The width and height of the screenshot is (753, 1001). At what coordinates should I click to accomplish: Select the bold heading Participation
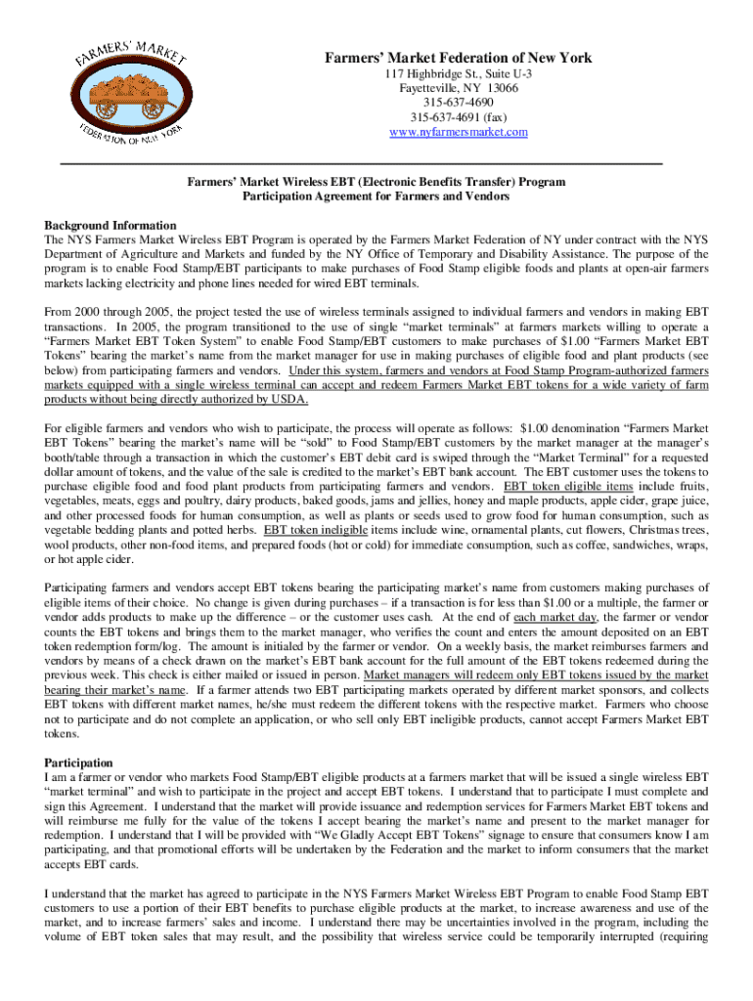[x=79, y=762]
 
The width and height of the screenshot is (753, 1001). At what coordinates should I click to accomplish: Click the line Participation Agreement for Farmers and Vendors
[x=376, y=196]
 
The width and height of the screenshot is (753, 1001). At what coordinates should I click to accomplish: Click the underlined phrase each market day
[x=550, y=618]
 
